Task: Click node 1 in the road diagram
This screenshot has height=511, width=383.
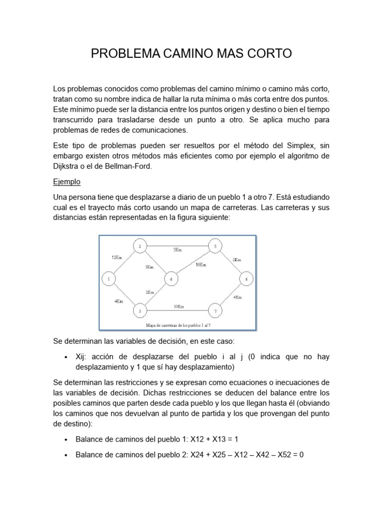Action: (108, 279)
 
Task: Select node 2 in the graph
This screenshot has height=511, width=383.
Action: (140, 246)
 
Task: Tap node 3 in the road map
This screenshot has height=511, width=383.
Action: (140, 311)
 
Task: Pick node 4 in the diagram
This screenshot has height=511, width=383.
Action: (171, 279)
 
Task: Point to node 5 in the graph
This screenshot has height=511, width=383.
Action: (215, 246)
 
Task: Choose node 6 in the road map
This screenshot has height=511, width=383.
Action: (246, 279)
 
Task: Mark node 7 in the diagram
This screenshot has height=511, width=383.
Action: (215, 311)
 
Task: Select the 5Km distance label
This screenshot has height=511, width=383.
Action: (150, 267)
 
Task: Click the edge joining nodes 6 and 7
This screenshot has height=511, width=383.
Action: (230, 295)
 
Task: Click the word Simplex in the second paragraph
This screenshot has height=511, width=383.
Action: (301, 145)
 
